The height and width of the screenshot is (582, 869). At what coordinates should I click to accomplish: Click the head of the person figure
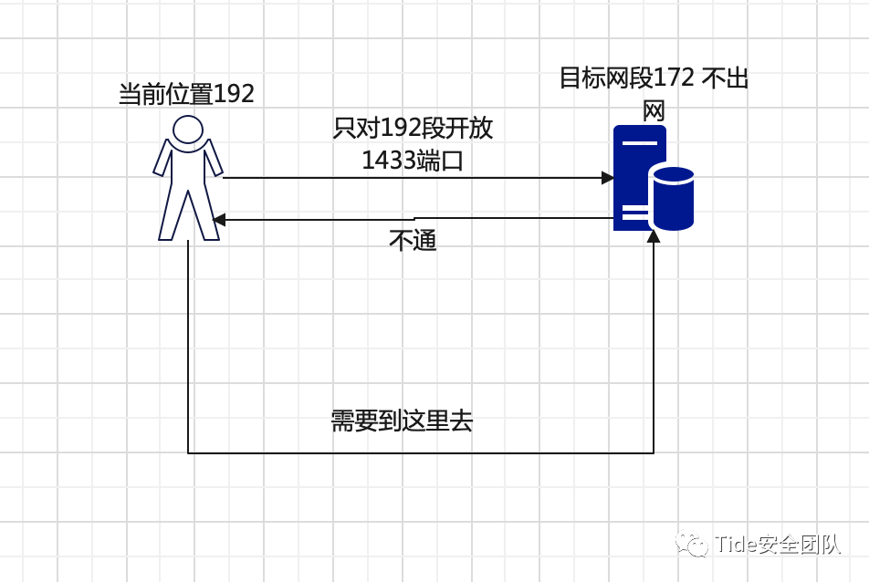pos(188,130)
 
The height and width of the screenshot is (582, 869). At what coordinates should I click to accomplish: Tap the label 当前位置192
pos(186,94)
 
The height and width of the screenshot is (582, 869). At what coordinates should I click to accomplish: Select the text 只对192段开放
pos(413,128)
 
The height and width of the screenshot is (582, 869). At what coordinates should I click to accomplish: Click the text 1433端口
pos(413,161)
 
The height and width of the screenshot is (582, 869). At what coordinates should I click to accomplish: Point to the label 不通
pos(413,241)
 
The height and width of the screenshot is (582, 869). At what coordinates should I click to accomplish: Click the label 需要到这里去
pos(402,421)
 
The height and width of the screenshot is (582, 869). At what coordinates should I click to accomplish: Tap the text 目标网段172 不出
pos(654,78)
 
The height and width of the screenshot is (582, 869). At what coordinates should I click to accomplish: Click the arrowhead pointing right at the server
pos(607,178)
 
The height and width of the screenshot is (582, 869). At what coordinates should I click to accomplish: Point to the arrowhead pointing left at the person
pos(219,220)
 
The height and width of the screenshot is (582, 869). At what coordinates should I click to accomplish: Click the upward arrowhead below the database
pos(654,236)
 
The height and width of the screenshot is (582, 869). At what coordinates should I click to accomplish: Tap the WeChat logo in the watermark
pos(691,545)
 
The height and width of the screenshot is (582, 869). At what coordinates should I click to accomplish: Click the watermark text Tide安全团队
pos(777,545)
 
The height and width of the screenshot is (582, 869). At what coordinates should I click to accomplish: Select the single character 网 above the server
pos(654,111)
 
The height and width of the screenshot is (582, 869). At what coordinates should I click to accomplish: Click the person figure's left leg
pos(172,217)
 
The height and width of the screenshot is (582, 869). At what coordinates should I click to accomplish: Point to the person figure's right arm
pos(214,159)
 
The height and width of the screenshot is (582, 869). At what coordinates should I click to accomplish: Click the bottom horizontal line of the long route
pos(420,452)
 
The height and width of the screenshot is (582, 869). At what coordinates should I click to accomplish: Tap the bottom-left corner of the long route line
pos(188,452)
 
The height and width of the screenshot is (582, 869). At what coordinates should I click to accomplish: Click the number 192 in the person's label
pos(234,94)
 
